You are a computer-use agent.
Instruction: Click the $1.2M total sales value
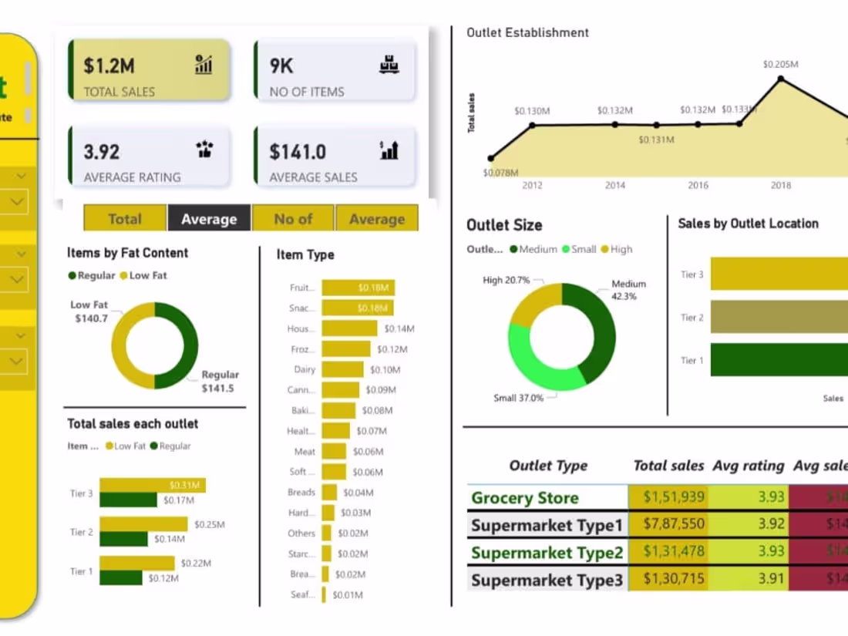coord(109,66)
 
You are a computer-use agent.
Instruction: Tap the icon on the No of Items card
coord(389,65)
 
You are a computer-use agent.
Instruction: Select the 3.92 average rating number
coord(102,151)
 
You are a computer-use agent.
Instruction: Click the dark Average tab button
coord(209,219)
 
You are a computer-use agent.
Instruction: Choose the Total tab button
coord(125,219)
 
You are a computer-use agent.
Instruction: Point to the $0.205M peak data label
coord(780,64)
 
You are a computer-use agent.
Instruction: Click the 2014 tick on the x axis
coord(614,185)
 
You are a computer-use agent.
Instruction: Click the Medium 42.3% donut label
coord(628,290)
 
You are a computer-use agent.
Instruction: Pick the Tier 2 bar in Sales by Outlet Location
coord(779,317)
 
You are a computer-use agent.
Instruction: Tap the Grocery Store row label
coord(525,498)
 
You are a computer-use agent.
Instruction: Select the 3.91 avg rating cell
coord(771,580)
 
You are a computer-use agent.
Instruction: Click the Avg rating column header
coord(748,466)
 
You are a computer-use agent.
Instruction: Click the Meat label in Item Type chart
coord(305,451)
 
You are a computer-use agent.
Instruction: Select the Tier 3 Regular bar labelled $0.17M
coord(128,500)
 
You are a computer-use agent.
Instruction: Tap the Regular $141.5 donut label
coord(220,382)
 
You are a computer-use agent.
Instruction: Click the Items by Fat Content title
coord(127,253)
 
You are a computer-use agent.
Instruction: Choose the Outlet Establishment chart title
coord(527,32)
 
